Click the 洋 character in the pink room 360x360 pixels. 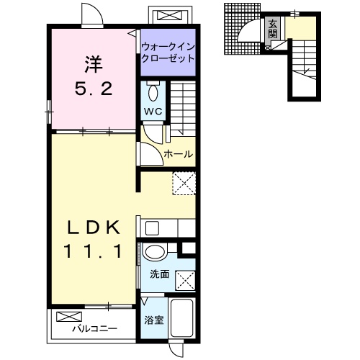point(94,64)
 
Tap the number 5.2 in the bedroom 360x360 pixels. point(94,89)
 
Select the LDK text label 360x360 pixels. point(94,228)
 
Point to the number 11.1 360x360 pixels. point(94,251)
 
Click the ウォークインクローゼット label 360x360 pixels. point(168,53)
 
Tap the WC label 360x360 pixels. point(153,111)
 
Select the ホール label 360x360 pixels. point(179,154)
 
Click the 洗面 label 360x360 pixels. point(160,274)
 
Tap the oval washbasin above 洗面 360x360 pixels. point(155,252)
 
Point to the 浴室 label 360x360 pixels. point(154,320)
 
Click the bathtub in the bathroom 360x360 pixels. point(182,318)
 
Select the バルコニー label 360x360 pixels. point(95,328)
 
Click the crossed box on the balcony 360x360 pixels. point(69,317)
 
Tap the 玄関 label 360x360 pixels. point(272,29)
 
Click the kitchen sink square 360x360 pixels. point(152,228)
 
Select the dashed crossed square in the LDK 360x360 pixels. point(184,184)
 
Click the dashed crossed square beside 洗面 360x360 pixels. point(185,281)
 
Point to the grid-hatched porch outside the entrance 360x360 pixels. point(243,29)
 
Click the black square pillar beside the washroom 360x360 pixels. point(189,248)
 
